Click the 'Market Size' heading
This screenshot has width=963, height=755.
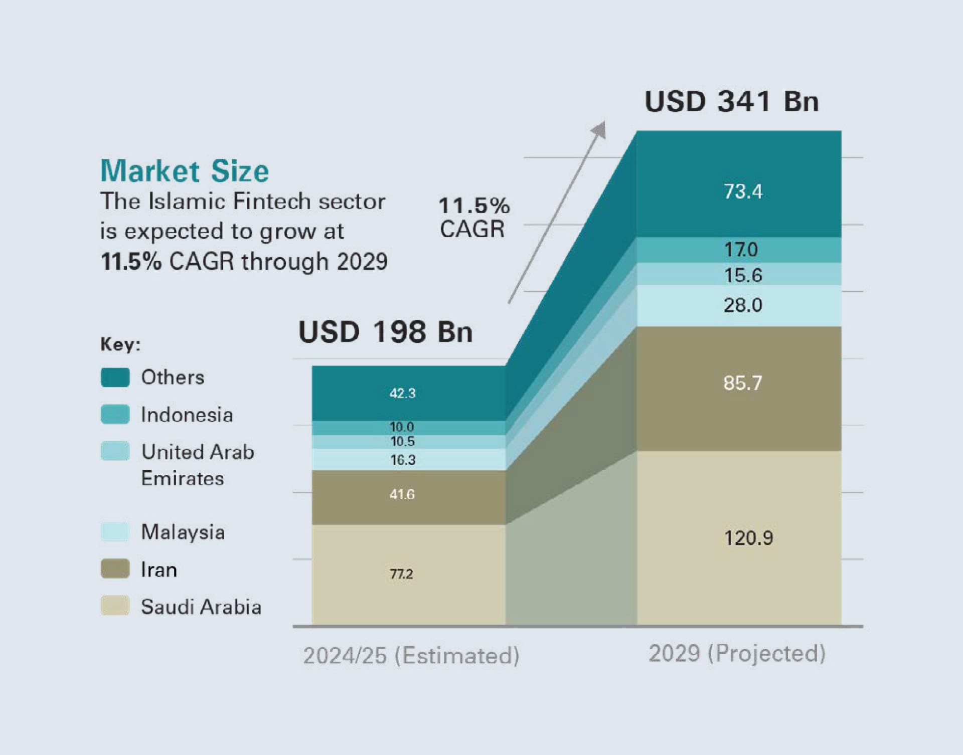[185, 171]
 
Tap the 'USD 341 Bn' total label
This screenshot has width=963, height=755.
[731, 102]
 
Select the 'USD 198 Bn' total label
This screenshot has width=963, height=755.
[385, 332]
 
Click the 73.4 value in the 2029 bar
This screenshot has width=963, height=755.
[743, 192]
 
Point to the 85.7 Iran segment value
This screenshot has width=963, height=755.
[743, 383]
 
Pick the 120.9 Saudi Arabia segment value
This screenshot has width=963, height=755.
[748, 538]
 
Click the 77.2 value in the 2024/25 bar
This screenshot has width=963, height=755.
[401, 574]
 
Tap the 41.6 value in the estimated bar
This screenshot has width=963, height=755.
[402, 494]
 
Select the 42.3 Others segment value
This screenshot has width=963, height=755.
[402, 393]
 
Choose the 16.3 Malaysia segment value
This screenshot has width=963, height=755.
[403, 460]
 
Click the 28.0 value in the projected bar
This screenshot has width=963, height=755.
[743, 305]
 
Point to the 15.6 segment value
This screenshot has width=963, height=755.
[743, 275]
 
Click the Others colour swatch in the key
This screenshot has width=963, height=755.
[115, 377]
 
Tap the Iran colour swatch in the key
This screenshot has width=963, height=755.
[115, 569]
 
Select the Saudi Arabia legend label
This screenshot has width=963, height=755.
[201, 607]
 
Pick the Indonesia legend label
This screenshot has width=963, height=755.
[187, 415]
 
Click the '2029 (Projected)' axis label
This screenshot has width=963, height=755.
[737, 653]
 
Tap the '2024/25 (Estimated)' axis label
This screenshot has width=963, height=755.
[411, 656]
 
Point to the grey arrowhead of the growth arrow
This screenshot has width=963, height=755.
[599, 129]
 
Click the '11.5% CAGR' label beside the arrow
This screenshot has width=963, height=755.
[473, 217]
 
